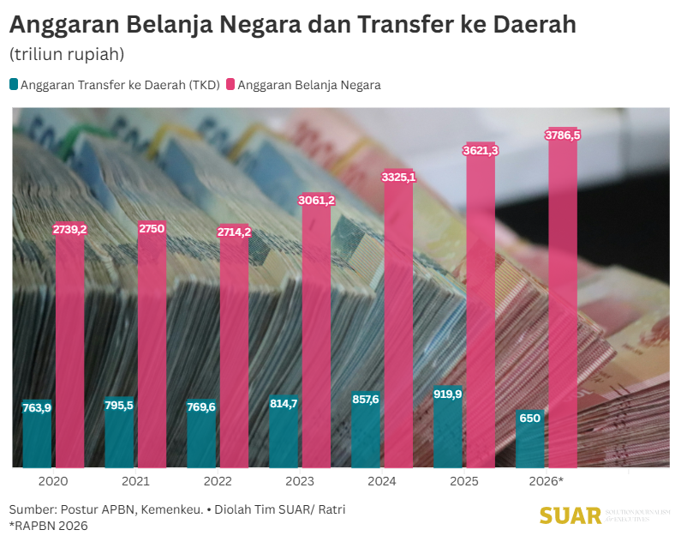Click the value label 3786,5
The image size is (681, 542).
[x=563, y=135]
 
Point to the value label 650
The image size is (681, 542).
[x=530, y=418]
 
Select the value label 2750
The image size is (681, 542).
[x=152, y=228]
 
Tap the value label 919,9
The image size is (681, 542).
[x=448, y=394]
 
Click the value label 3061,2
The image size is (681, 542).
[x=316, y=200]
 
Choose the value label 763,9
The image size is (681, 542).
[x=37, y=407]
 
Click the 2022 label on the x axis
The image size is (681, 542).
[x=218, y=482]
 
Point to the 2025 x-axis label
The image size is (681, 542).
[x=463, y=482]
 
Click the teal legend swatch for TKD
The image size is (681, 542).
[x=14, y=85]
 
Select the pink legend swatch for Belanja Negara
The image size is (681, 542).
[x=230, y=85]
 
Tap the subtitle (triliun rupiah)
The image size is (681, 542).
[x=67, y=54]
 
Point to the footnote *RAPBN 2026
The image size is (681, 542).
[x=49, y=525]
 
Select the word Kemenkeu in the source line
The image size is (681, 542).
[x=170, y=509]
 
